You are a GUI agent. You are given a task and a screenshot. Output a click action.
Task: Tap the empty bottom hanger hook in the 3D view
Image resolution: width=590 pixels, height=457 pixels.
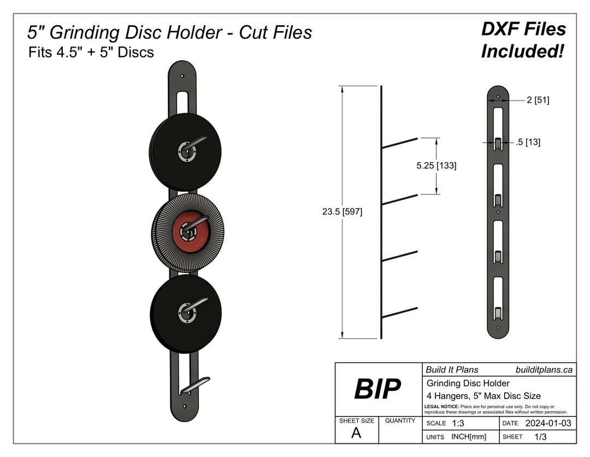click(x=196, y=385)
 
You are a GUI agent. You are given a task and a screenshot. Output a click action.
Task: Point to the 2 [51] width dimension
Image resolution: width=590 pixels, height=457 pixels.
click(x=538, y=100)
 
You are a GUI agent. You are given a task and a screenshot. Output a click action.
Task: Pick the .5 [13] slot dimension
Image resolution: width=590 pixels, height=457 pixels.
click(x=528, y=142)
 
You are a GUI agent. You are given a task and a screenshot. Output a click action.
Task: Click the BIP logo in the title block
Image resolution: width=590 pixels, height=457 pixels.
click(x=377, y=389)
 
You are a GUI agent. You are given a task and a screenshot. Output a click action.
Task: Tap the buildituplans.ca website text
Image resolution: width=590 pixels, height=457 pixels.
click(x=544, y=370)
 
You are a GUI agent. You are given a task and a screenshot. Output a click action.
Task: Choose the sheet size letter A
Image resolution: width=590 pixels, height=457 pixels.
click(x=356, y=433)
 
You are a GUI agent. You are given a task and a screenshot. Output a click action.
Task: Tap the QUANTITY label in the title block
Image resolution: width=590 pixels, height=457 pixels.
click(x=401, y=421)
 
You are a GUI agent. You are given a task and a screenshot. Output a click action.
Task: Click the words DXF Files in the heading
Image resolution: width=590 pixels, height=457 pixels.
click(x=523, y=29)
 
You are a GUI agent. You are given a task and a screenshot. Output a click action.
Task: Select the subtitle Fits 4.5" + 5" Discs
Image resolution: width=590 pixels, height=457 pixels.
click(x=91, y=53)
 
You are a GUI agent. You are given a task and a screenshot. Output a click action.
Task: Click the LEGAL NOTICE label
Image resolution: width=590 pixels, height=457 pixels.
click(x=442, y=407)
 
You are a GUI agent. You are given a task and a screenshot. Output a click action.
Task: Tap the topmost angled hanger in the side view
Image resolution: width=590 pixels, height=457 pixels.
click(x=400, y=143)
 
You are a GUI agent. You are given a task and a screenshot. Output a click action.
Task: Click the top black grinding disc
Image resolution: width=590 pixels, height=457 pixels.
click(x=164, y=148)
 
